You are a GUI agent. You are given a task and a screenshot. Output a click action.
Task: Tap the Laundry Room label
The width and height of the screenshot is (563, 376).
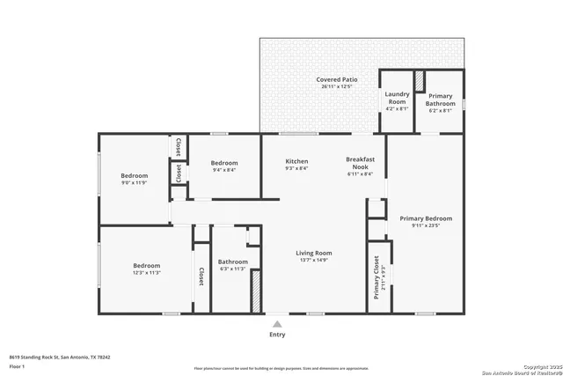(x=397, y=97)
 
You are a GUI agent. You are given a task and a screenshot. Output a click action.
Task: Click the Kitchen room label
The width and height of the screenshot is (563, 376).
(x=296, y=162)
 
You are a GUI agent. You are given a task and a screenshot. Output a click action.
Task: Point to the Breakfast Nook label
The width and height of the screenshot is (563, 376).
(x=361, y=163)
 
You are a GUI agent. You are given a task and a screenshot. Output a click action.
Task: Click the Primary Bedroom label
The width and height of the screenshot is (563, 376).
(x=426, y=218)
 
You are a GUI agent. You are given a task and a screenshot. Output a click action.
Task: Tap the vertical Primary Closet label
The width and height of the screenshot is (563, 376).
(x=376, y=282)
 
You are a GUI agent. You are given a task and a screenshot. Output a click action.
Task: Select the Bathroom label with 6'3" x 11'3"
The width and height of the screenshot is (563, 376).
(x=233, y=262)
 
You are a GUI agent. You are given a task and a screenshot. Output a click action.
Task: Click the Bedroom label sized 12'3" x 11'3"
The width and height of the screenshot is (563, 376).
(x=147, y=266)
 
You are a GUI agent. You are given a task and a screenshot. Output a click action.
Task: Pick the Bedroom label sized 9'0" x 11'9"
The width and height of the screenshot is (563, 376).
(x=135, y=176)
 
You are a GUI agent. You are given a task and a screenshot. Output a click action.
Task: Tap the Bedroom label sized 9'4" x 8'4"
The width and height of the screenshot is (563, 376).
(x=224, y=163)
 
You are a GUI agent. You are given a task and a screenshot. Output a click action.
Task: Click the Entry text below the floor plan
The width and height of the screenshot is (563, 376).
(x=277, y=335)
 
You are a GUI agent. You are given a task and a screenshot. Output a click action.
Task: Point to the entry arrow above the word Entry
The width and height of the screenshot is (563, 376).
(x=277, y=321)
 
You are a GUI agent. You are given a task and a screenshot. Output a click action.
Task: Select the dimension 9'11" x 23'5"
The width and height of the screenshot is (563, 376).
(x=426, y=225)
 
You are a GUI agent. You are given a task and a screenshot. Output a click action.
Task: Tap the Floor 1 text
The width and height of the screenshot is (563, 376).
(x=17, y=365)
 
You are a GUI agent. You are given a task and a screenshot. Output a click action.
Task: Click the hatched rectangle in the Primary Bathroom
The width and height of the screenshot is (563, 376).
(x=420, y=81)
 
